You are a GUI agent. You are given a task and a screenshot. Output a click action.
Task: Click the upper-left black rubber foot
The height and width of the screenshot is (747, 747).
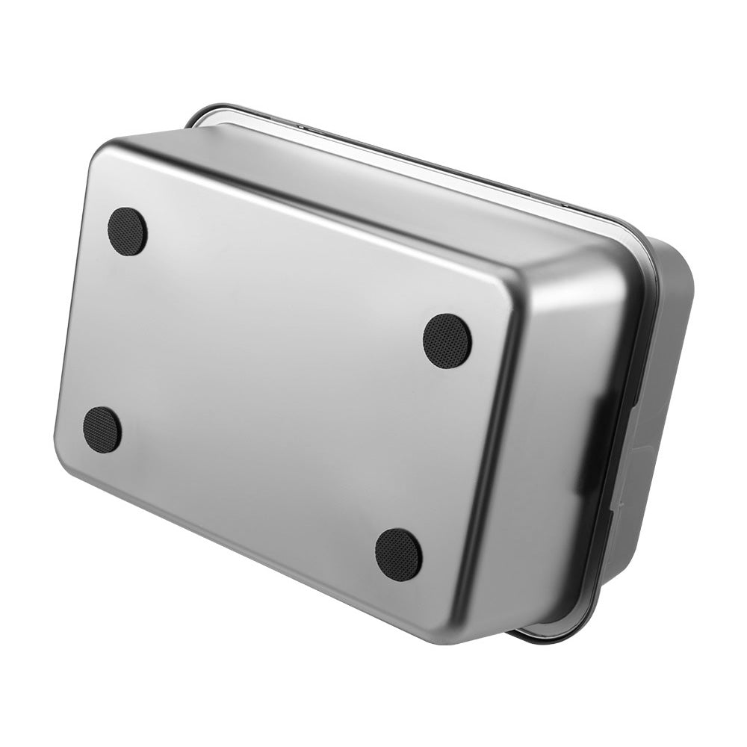tap(127, 232)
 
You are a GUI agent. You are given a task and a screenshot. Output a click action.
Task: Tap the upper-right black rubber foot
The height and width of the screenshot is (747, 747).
tap(447, 341)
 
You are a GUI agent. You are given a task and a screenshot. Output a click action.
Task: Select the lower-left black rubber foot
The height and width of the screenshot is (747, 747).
tap(102, 430)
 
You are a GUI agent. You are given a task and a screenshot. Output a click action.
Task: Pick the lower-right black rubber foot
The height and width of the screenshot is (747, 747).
tap(398, 554)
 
